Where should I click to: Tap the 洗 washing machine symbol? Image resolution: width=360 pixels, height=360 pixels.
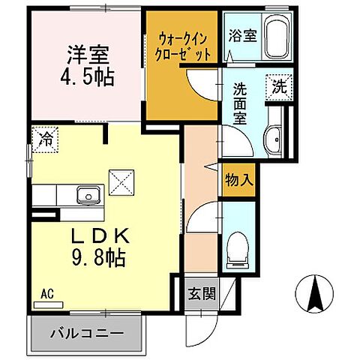280,85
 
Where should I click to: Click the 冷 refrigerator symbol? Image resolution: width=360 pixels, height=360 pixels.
44,138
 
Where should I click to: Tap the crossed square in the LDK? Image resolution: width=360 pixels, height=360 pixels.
121,181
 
